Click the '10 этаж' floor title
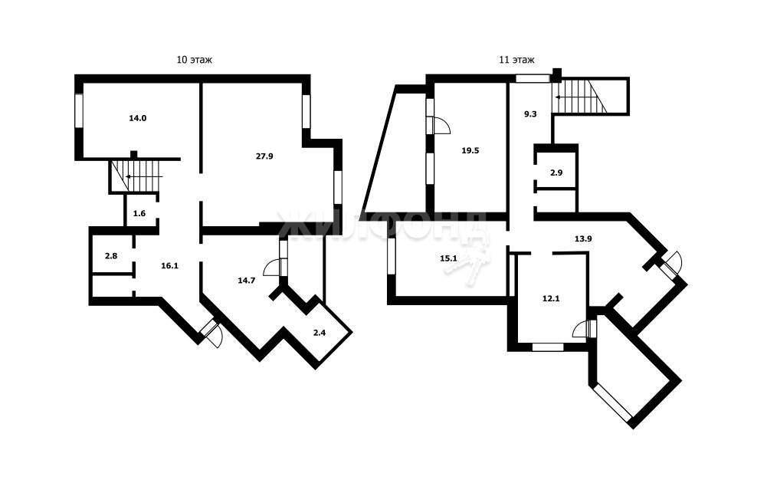(x=194, y=61)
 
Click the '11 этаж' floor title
(x=516, y=61)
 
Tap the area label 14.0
(x=138, y=118)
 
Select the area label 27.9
(x=264, y=156)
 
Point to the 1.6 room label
(x=139, y=213)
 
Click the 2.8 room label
(x=112, y=255)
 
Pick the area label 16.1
(x=170, y=266)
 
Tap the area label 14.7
(x=247, y=281)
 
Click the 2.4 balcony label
(x=320, y=333)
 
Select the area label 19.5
(x=470, y=151)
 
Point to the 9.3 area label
(x=531, y=114)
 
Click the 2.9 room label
(x=556, y=173)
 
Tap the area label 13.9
(x=583, y=239)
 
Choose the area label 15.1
(x=448, y=258)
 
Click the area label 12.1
(x=551, y=298)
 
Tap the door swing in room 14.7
(x=272, y=268)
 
